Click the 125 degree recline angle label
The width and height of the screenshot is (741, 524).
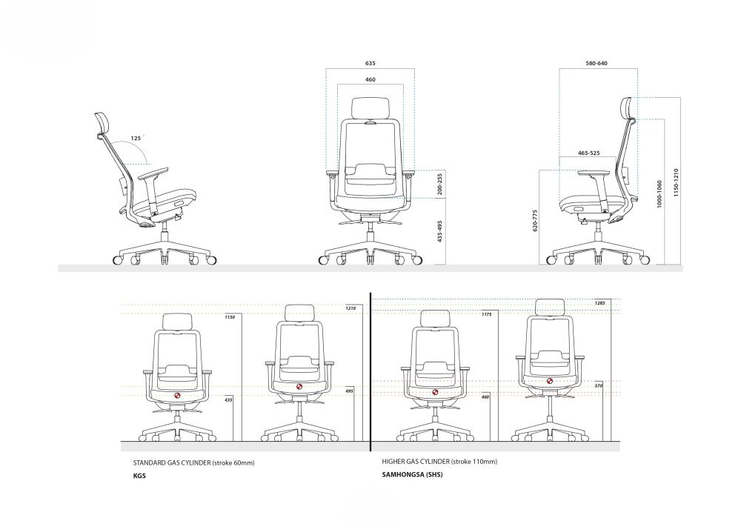click(x=137, y=138)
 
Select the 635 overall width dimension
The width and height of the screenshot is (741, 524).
click(x=370, y=64)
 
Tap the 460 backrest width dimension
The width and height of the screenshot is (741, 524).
click(x=370, y=79)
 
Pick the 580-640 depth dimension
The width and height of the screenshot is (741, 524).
click(x=596, y=64)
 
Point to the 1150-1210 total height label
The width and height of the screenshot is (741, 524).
click(x=676, y=182)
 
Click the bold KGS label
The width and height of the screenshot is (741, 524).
click(x=139, y=476)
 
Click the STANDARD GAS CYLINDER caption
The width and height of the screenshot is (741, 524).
click(x=193, y=462)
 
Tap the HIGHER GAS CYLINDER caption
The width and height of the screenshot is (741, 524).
click(x=439, y=462)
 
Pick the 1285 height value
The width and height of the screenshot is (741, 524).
click(x=599, y=303)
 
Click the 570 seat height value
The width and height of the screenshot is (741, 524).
click(x=599, y=386)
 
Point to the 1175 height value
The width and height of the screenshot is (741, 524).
click(x=487, y=315)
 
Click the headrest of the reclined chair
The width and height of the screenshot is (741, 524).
click(x=102, y=124)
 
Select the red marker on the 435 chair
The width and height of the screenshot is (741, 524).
click(x=178, y=396)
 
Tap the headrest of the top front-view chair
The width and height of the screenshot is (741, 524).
click(x=370, y=107)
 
